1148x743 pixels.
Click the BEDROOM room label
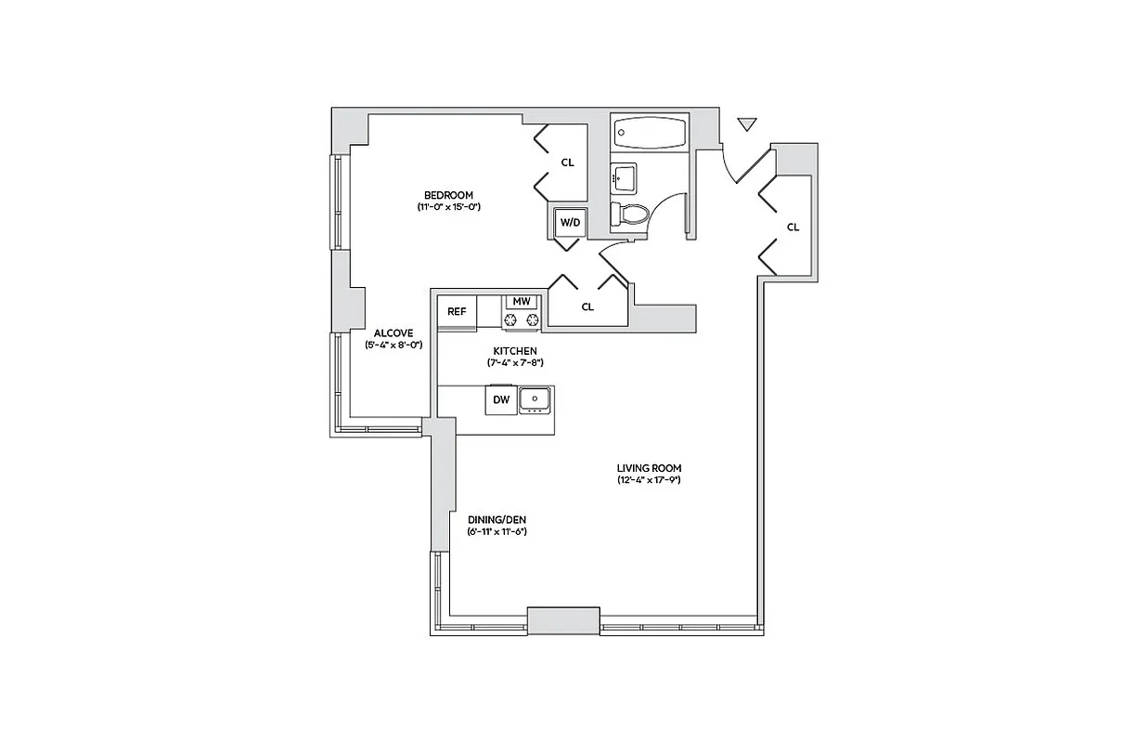coord(448,195)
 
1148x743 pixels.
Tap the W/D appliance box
coord(568,223)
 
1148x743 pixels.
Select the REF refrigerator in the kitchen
coord(457,312)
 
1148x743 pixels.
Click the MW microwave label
coord(522,302)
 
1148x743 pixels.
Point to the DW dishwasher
coord(501,400)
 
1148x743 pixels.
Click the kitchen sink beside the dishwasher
coord(535,400)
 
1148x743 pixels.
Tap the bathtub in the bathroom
coord(649,134)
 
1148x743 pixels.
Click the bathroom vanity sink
coord(623,175)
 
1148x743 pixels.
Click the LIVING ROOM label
coord(650,468)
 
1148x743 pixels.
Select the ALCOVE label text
coord(393,332)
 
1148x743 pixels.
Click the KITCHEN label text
coord(514,350)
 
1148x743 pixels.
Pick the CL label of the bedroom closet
coord(567,163)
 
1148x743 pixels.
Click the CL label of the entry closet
coord(793,228)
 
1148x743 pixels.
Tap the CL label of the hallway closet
coord(587,307)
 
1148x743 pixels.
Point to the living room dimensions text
coord(650,480)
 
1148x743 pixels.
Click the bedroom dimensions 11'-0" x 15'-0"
coord(448,207)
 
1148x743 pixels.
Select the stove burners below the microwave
coord(522,320)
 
